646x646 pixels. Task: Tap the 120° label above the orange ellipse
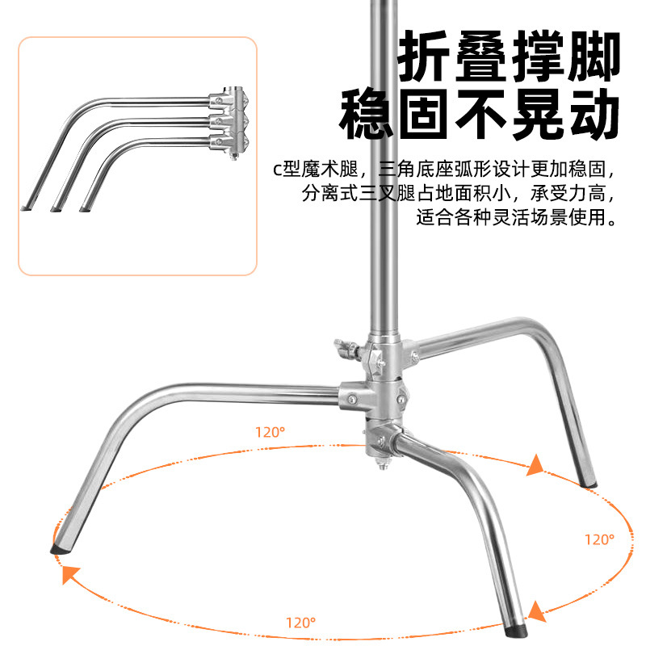270,432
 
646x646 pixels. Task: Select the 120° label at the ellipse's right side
599,539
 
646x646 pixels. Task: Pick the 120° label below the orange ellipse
300,623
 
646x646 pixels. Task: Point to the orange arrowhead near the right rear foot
535,466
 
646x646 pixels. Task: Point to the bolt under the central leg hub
381,467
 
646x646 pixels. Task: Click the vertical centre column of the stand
385,202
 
